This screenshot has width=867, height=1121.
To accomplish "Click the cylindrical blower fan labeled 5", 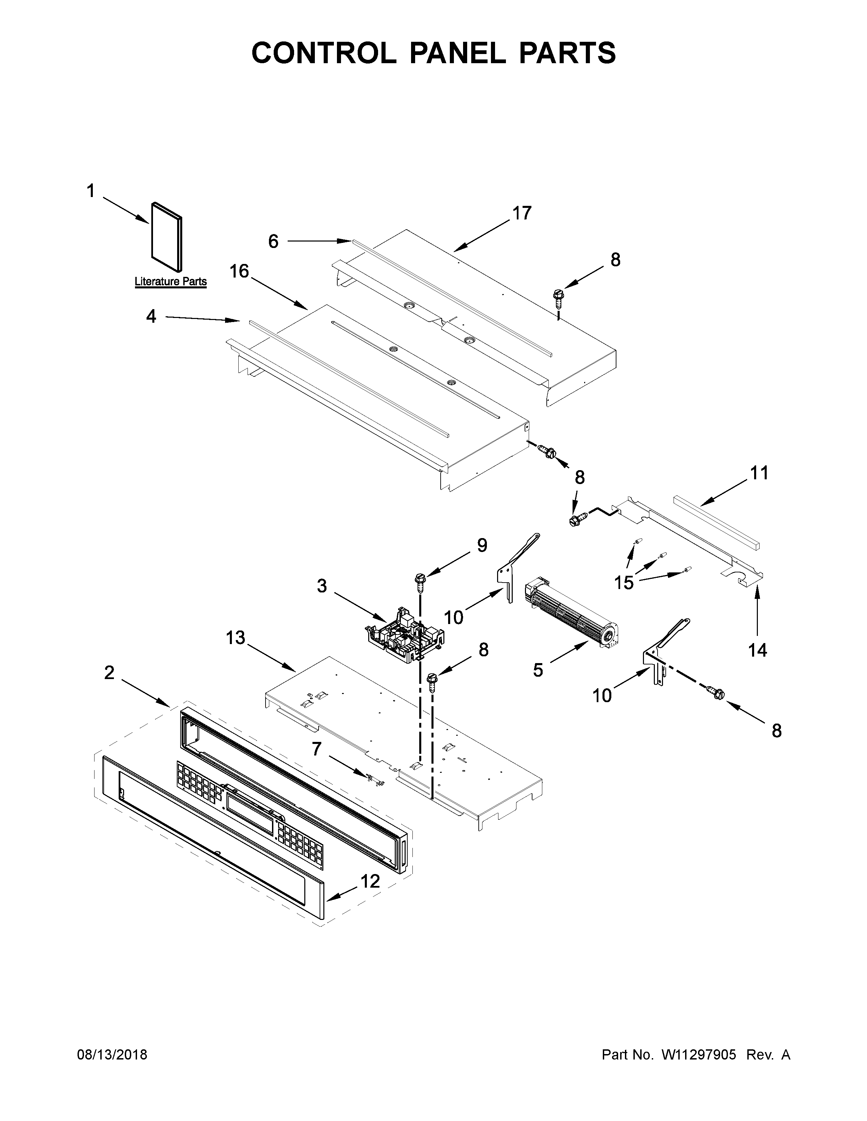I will point(572,611).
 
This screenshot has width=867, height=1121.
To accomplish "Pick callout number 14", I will point(757,650).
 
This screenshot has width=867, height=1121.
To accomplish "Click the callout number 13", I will point(236,638).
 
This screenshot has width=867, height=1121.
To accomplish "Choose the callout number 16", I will point(239,271).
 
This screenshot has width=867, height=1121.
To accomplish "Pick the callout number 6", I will point(273,241).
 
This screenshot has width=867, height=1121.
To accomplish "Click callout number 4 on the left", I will point(151,316).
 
